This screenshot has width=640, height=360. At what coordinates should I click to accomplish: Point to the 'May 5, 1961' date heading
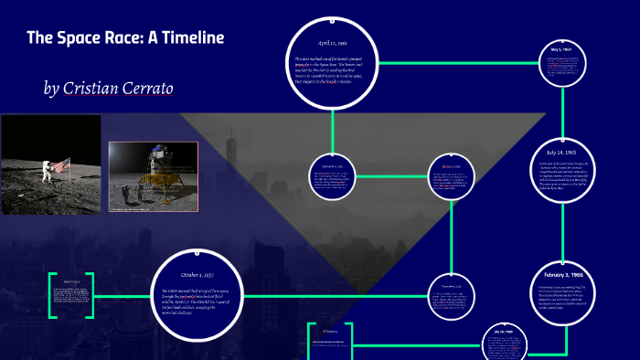click(x=561, y=48)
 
